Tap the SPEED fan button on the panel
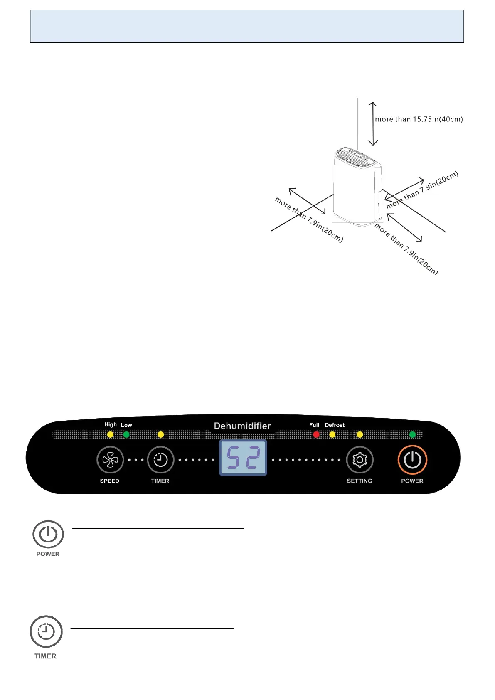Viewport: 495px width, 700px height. point(110,460)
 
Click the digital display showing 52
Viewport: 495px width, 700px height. point(243,457)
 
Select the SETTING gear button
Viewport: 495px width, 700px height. point(360,460)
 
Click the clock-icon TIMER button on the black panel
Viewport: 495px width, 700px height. point(160,460)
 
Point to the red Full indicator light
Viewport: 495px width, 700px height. point(316,434)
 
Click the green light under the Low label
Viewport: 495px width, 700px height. point(126,434)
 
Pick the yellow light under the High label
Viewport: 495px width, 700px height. point(110,434)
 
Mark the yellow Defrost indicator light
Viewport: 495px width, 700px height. point(332,434)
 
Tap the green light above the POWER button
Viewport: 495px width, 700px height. point(412,434)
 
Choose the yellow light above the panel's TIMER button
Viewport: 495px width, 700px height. point(161,434)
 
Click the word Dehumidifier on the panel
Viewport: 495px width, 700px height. point(242,426)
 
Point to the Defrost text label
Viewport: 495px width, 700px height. point(335,425)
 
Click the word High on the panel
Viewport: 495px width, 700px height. point(111,424)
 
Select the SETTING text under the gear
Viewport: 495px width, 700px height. point(360,481)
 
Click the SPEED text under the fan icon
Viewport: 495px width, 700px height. point(110,481)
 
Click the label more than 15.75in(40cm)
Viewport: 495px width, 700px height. point(419,119)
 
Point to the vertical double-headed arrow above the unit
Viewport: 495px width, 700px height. point(373,124)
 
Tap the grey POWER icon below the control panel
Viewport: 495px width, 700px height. point(48,535)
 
